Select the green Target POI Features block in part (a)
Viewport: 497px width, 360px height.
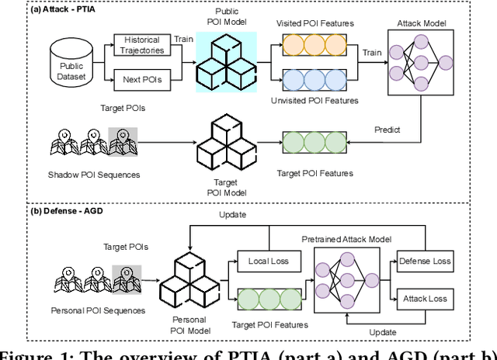[314, 144]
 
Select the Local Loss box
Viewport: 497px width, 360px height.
[268, 261]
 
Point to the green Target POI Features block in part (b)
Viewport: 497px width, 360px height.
[269, 299]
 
